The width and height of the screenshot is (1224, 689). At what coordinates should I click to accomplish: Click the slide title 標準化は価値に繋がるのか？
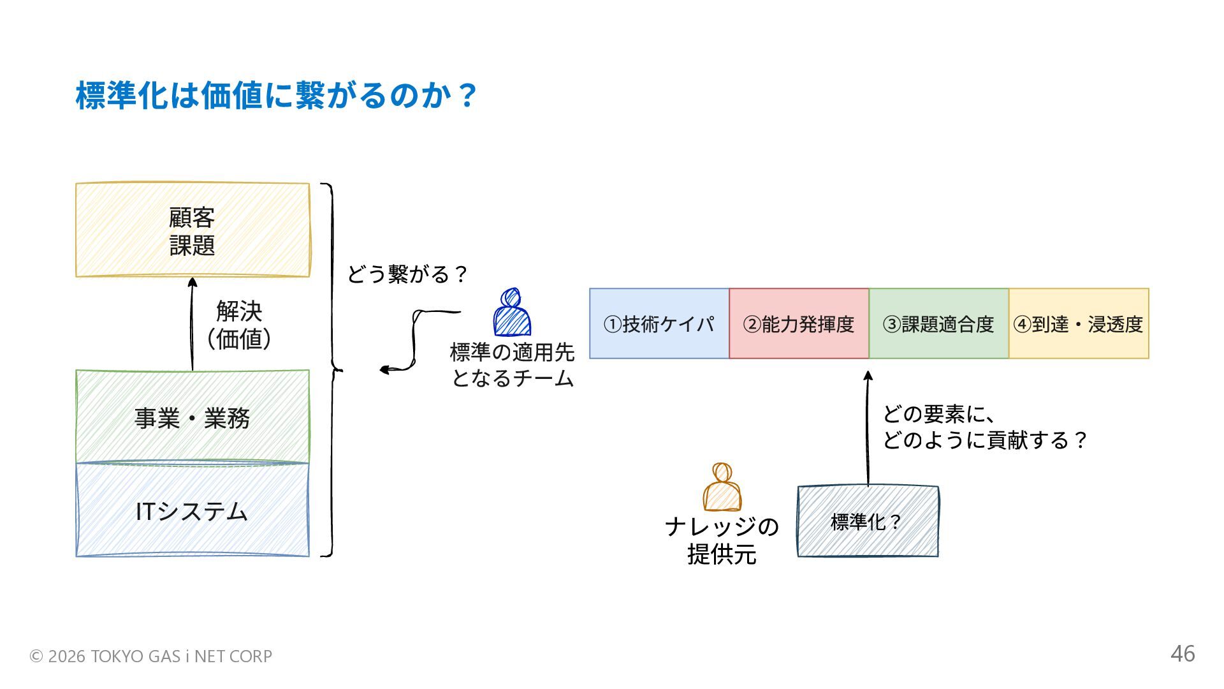[275, 96]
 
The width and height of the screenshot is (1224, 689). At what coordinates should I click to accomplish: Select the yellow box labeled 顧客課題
[193, 230]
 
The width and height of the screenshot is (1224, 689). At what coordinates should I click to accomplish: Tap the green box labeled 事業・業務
[193, 417]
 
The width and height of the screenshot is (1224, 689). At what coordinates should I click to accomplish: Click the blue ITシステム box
[193, 510]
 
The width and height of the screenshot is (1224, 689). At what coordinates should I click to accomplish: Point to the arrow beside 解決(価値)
[192, 323]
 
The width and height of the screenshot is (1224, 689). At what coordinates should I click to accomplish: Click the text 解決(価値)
[239, 325]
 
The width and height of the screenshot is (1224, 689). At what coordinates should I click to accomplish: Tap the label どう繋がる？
[407, 274]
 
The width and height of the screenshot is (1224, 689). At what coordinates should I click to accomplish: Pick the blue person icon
[511, 313]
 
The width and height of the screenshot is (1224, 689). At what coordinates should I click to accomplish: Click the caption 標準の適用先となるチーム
[512, 365]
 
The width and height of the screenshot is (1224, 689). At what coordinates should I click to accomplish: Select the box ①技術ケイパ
[659, 323]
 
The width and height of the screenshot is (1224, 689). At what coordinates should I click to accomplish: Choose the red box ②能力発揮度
[799, 323]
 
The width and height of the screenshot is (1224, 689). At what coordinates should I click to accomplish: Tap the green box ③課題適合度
[938, 323]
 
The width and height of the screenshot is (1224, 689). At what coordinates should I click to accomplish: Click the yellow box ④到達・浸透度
[1079, 323]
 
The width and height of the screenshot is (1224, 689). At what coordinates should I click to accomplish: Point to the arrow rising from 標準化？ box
[868, 427]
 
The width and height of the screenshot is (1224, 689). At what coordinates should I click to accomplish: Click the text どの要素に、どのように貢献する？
[984, 427]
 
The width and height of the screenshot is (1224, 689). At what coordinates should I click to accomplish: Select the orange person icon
[722, 488]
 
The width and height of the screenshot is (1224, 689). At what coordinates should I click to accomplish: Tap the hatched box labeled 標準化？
[868, 521]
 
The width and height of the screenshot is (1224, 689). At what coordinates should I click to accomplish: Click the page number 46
[1183, 654]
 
